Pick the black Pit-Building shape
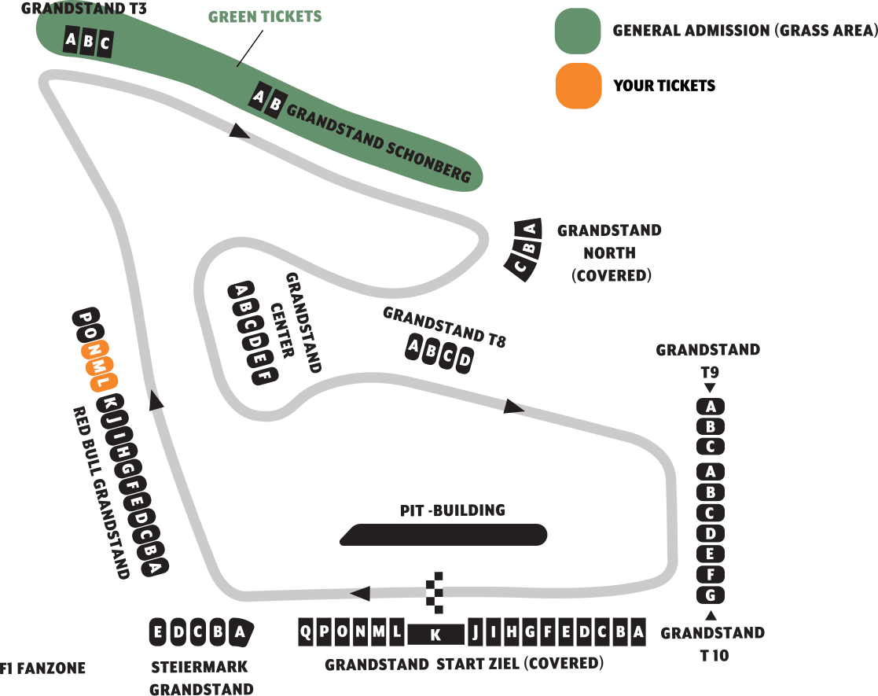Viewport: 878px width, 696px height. (444, 535)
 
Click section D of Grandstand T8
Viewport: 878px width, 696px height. (465, 360)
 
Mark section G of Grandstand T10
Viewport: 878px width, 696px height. (711, 595)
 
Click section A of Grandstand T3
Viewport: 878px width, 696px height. (72, 40)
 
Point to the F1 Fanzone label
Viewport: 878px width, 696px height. (42, 669)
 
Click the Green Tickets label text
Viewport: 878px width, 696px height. (265, 17)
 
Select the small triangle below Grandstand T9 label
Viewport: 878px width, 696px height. (710, 388)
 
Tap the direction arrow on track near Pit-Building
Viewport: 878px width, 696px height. (360, 593)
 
